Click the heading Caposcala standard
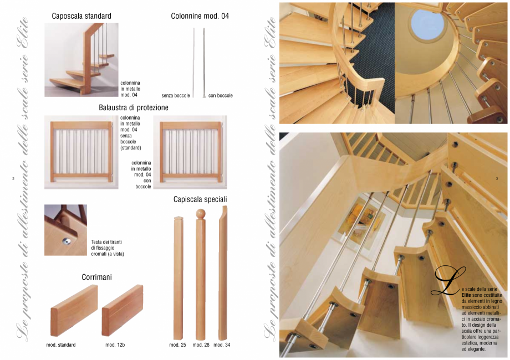coord(81,16)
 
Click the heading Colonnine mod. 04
coord(200,16)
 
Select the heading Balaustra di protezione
coord(134,107)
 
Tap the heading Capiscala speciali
coord(200,198)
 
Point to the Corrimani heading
coord(97,276)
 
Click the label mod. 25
coord(177,345)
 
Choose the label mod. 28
coord(201,345)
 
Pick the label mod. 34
coord(222,345)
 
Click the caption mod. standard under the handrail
coord(61,345)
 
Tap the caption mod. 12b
coord(115,345)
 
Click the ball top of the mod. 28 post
coord(201,213)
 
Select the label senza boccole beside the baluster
coord(176,95)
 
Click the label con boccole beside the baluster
coord(221,95)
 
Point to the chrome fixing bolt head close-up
coord(67,240)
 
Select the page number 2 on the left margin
coord(12,178)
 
